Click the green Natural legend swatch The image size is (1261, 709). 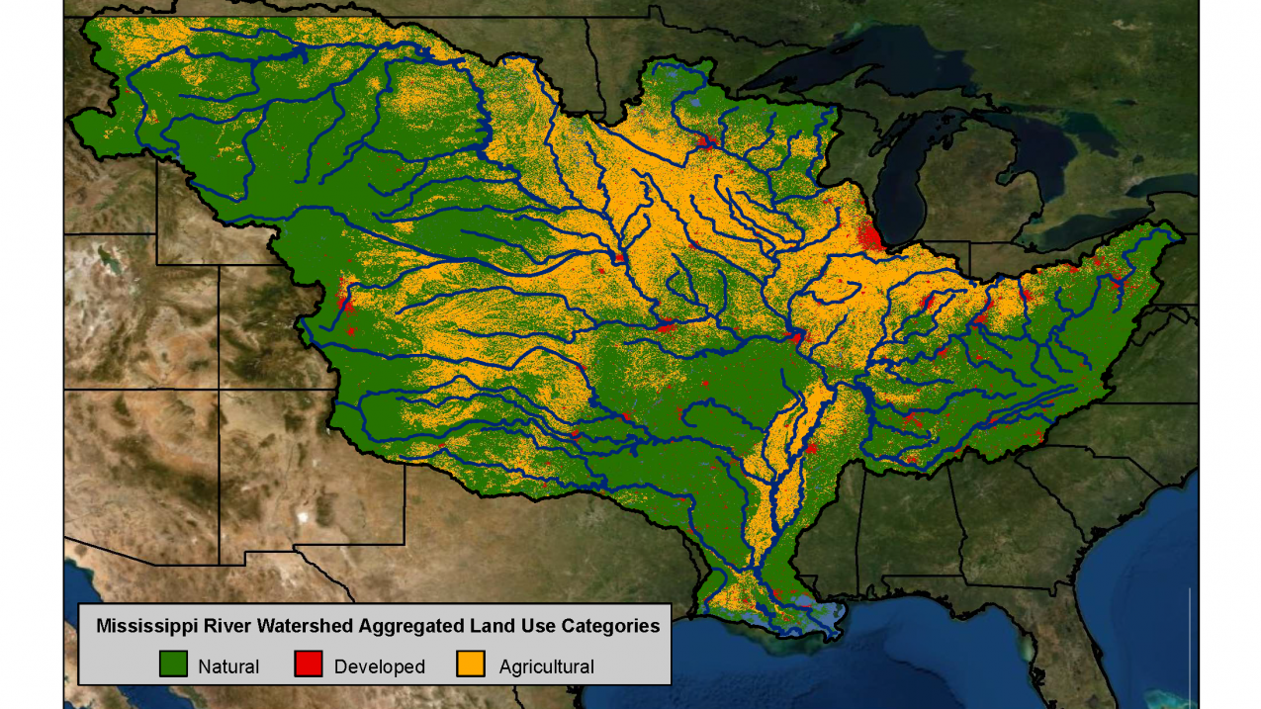[173, 665]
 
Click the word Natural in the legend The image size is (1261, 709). [228, 666]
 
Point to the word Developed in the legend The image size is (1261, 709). [379, 666]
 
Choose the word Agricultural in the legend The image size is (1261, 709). [546, 666]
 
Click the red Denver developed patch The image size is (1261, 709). [346, 298]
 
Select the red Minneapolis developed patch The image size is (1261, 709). [705, 141]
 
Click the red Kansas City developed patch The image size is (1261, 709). [665, 324]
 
